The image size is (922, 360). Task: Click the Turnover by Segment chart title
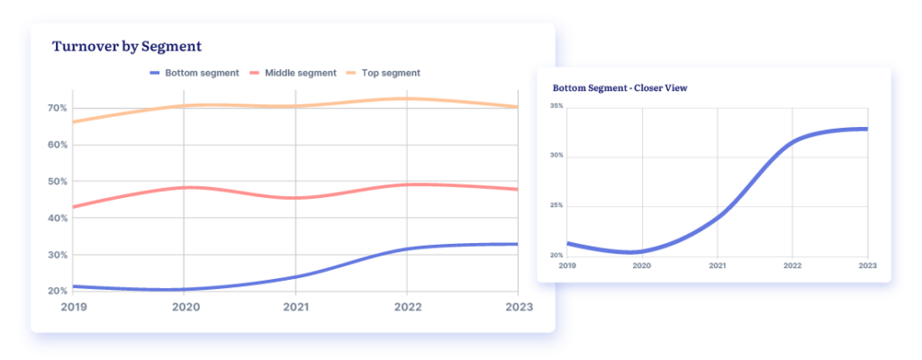[x=126, y=46]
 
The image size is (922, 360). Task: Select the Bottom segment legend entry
[x=194, y=73]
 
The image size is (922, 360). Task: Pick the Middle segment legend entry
[x=293, y=73]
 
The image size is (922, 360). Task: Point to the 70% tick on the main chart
[x=57, y=108]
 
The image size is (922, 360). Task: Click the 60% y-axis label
[x=57, y=145]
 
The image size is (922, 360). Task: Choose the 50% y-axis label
[x=57, y=182]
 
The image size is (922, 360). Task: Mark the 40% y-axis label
[x=57, y=219]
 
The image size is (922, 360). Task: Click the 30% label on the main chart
[x=57, y=256]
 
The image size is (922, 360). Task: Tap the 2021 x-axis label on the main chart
[x=295, y=308]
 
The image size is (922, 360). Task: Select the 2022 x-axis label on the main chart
[x=406, y=308]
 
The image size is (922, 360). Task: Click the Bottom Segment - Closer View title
[x=619, y=88]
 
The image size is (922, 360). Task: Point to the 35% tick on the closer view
[x=556, y=106]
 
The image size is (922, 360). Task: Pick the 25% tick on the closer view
[x=556, y=206]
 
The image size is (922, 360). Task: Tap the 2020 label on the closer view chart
[x=642, y=266]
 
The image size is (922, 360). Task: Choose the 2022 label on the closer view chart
[x=792, y=266]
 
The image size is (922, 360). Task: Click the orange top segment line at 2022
[x=407, y=99]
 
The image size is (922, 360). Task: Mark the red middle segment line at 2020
[x=184, y=187]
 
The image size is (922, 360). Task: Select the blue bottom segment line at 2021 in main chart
[x=295, y=276]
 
